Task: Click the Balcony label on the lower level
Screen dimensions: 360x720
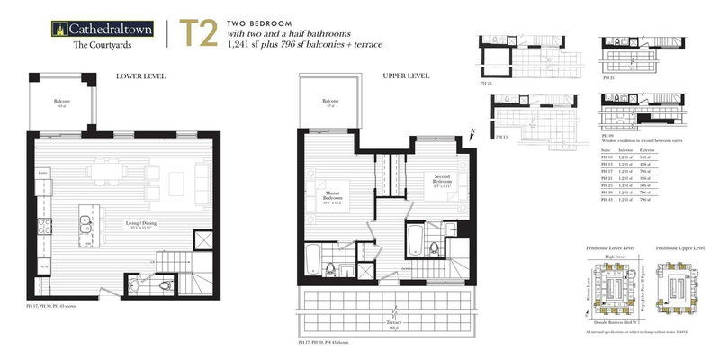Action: click(x=60, y=103)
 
